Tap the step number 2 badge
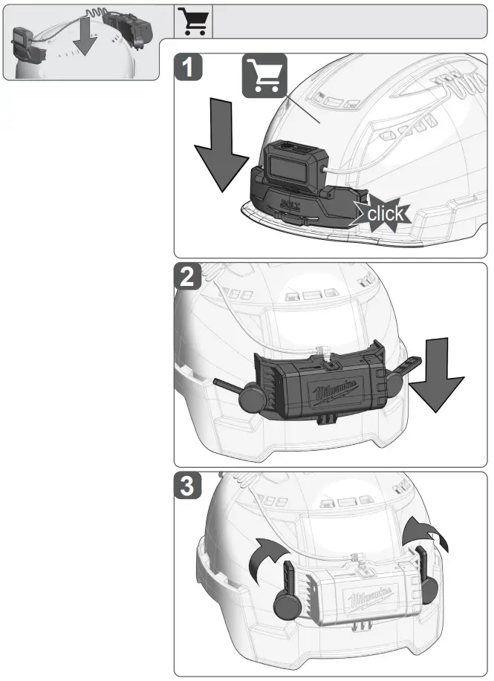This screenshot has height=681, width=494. coord(190,278)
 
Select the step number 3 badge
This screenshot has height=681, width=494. coord(190,488)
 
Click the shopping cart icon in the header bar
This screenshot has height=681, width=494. coord(195,22)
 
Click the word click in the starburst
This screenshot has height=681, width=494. coord(386,215)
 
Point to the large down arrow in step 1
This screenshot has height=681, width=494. coord(221,157)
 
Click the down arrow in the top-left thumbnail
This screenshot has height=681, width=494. coord(87,37)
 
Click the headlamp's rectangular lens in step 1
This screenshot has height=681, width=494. coord(290,163)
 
